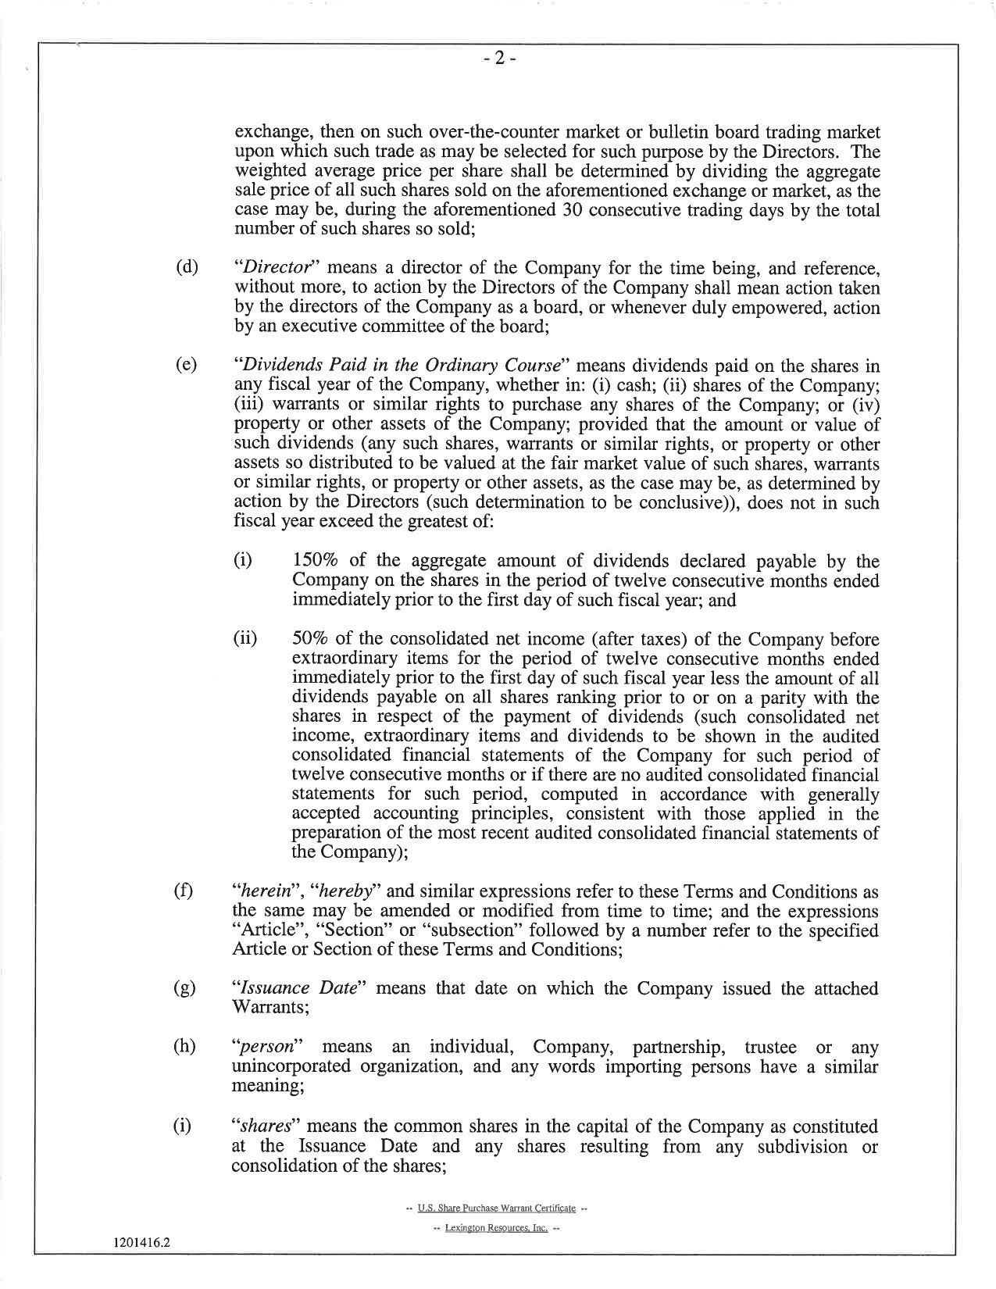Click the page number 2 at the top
pyautogui.click(x=498, y=59)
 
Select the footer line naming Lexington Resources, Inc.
pyautogui.click(x=497, y=1228)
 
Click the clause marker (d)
pyautogui.click(x=187, y=270)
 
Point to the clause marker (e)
pyautogui.click(x=187, y=366)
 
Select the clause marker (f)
pyautogui.click(x=187, y=891)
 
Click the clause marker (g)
pyautogui.click(x=187, y=989)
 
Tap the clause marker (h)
pyautogui.click(x=187, y=1047)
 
